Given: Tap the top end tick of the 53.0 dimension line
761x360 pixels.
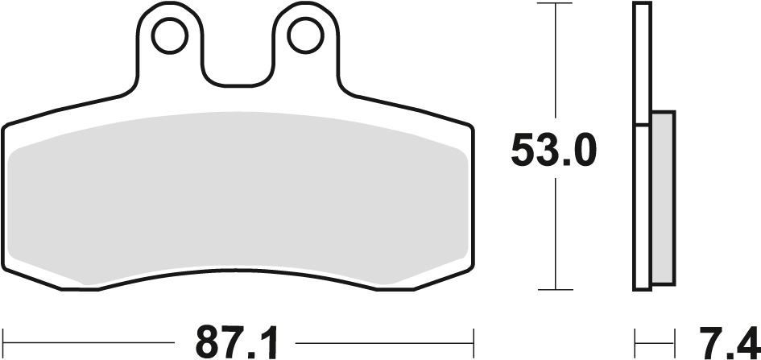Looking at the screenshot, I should (x=555, y=4).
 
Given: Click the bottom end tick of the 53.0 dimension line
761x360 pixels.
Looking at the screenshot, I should (x=555, y=289).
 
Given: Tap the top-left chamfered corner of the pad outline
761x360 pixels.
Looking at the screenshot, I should (x=18, y=121).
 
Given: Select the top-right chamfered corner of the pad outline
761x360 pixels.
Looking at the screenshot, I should (x=459, y=121).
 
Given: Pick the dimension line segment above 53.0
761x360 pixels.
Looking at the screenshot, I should (x=555, y=64).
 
